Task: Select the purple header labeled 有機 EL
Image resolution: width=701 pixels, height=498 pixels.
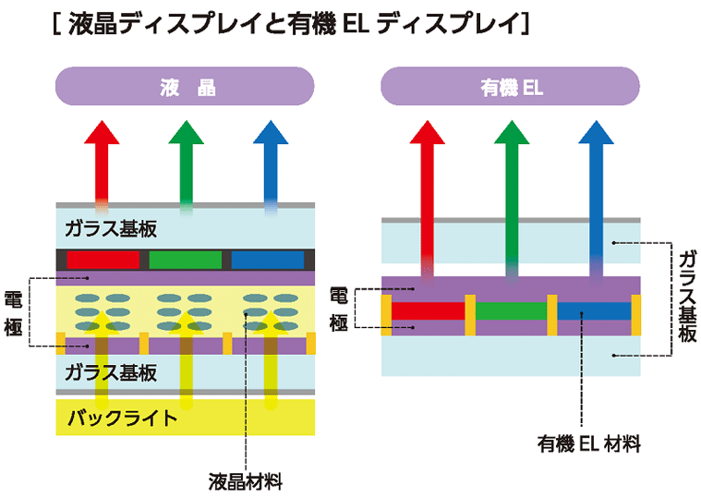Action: pos(511,89)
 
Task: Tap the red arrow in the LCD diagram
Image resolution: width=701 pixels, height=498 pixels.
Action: pos(102,162)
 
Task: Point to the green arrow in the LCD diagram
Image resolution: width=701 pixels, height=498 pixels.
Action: pos(186,162)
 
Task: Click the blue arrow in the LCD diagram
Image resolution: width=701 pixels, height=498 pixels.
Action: pos(270,162)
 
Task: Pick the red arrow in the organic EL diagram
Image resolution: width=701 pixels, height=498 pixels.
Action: pos(427,185)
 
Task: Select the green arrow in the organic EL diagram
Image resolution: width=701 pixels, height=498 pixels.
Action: pos(511,185)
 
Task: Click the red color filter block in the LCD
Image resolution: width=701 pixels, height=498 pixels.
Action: pos(103,259)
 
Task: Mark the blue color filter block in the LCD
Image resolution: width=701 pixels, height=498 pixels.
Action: pos(267,259)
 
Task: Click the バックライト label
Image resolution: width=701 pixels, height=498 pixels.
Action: pos(121,418)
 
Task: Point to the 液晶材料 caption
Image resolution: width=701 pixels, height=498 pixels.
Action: pos(245,481)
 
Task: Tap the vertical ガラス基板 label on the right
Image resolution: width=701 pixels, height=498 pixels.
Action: pos(686,296)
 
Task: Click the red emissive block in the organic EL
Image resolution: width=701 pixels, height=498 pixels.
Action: pos(428,311)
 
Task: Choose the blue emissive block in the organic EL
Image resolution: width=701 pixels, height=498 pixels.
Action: pos(593,311)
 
